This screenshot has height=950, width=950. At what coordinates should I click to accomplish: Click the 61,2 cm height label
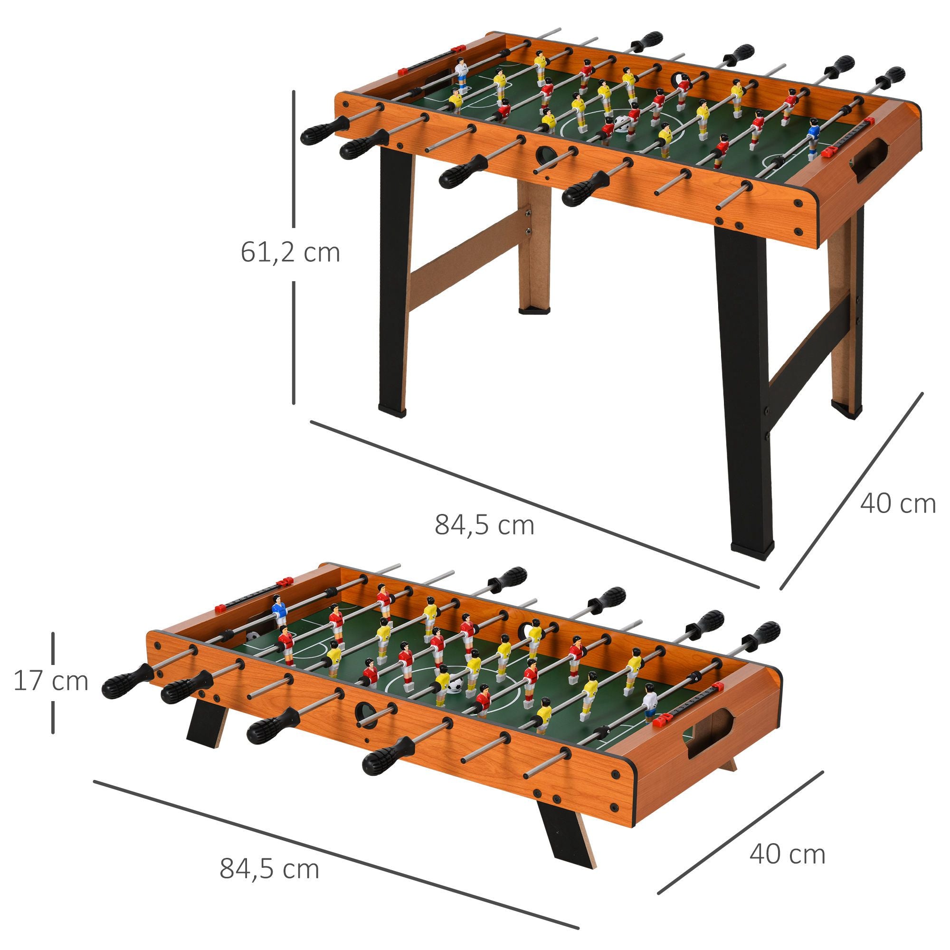coord(290,253)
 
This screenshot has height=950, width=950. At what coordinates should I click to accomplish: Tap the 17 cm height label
coord(51,682)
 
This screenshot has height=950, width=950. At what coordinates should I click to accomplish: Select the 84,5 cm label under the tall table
coord(484,525)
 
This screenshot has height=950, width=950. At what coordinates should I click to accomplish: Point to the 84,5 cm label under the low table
coord(269,869)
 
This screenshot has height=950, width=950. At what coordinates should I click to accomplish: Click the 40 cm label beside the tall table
coord(897,503)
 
